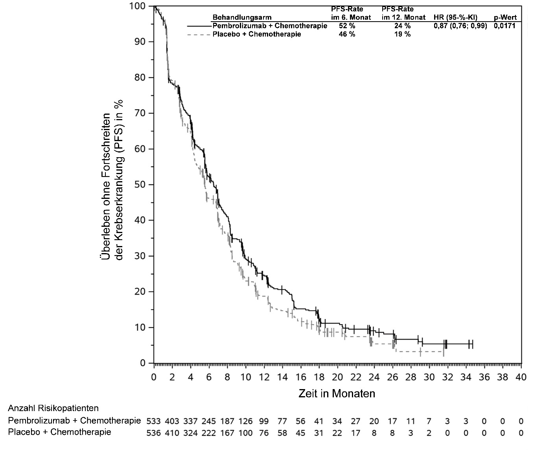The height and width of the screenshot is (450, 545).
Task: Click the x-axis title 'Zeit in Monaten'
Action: coord(337,393)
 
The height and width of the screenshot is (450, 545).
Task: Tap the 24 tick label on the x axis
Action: coord(374,377)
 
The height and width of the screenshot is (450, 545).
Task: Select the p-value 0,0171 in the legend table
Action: coord(505,26)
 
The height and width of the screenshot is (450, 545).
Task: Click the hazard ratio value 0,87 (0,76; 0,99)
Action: coord(460,26)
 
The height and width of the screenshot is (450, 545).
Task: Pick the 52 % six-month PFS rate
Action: coord(347,26)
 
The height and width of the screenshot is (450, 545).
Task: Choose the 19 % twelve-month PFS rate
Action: coord(402,34)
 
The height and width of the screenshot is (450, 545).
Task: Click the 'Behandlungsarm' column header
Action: coord(242,17)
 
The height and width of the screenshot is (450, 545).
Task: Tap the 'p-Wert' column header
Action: coord(505,17)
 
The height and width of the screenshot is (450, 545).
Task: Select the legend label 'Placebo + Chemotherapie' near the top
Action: coord(257,34)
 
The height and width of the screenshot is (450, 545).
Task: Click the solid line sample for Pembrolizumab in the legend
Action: coord(199,26)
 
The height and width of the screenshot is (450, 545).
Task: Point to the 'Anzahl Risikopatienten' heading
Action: coord(53,408)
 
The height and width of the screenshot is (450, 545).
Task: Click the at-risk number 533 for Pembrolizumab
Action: coord(153,421)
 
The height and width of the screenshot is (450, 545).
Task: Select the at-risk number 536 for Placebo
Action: coord(153,433)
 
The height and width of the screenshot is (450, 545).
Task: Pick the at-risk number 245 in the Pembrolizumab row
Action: coord(209,421)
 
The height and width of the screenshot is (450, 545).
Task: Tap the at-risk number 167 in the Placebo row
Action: coord(227,433)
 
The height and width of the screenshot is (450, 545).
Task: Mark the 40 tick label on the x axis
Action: coord(521,377)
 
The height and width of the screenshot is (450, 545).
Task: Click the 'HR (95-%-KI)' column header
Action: coord(455,17)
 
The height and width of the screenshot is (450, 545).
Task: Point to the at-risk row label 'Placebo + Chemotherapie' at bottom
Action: coord(59,432)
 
